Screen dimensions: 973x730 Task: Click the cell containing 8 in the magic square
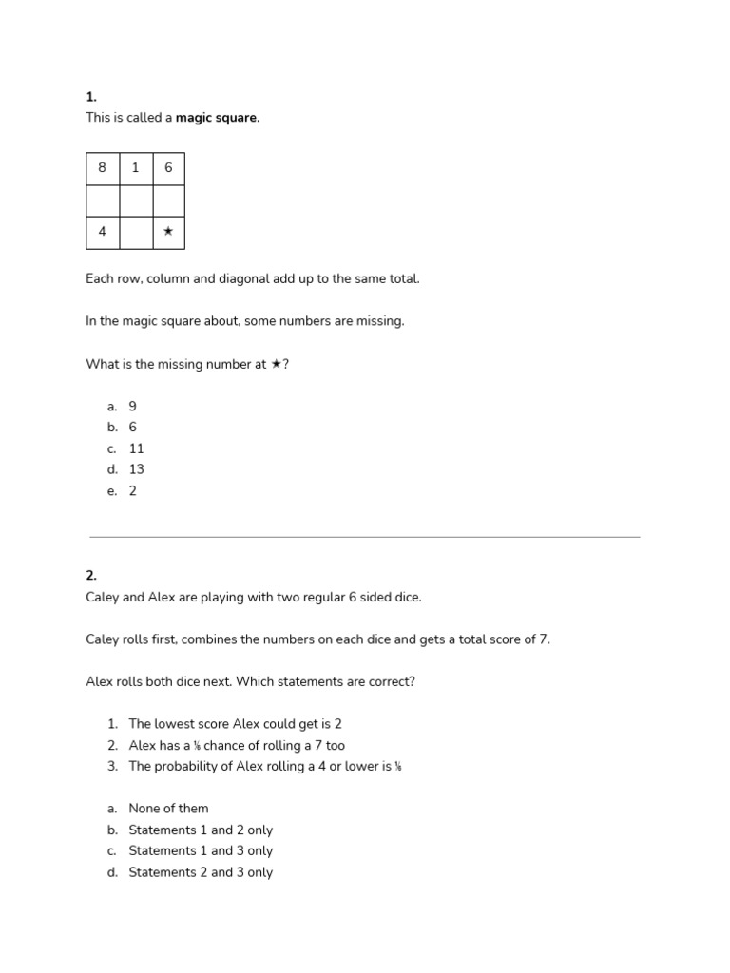(x=103, y=168)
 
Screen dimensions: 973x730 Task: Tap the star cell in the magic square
(x=168, y=232)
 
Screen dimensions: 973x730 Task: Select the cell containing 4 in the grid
(x=103, y=232)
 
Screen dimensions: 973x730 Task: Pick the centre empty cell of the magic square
(x=135, y=200)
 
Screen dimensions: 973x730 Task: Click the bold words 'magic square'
(x=217, y=118)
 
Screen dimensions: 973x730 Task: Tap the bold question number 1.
(x=91, y=97)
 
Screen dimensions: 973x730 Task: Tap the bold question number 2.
(x=91, y=576)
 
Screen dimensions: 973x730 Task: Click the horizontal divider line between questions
(x=365, y=537)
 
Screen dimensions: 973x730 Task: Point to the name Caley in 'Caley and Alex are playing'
(x=102, y=598)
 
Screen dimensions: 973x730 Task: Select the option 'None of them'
(x=168, y=809)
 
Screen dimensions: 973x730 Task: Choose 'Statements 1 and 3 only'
(x=201, y=851)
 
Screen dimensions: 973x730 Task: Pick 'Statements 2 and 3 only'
(x=201, y=872)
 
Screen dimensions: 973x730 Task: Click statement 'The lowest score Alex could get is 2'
(x=235, y=724)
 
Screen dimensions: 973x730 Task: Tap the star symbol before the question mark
(x=276, y=364)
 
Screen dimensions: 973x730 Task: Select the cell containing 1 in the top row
(x=135, y=168)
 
